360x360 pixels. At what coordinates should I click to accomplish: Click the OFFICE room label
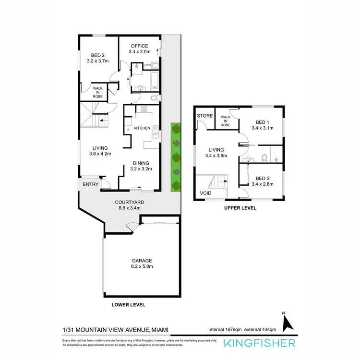click(140, 46)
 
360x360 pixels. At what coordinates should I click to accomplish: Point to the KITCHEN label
click(142, 128)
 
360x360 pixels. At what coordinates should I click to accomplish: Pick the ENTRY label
click(90, 184)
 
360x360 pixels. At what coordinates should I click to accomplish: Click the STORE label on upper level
click(204, 116)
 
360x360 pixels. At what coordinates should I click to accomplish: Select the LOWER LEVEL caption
click(128, 305)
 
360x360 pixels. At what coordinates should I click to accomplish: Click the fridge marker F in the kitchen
click(128, 131)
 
